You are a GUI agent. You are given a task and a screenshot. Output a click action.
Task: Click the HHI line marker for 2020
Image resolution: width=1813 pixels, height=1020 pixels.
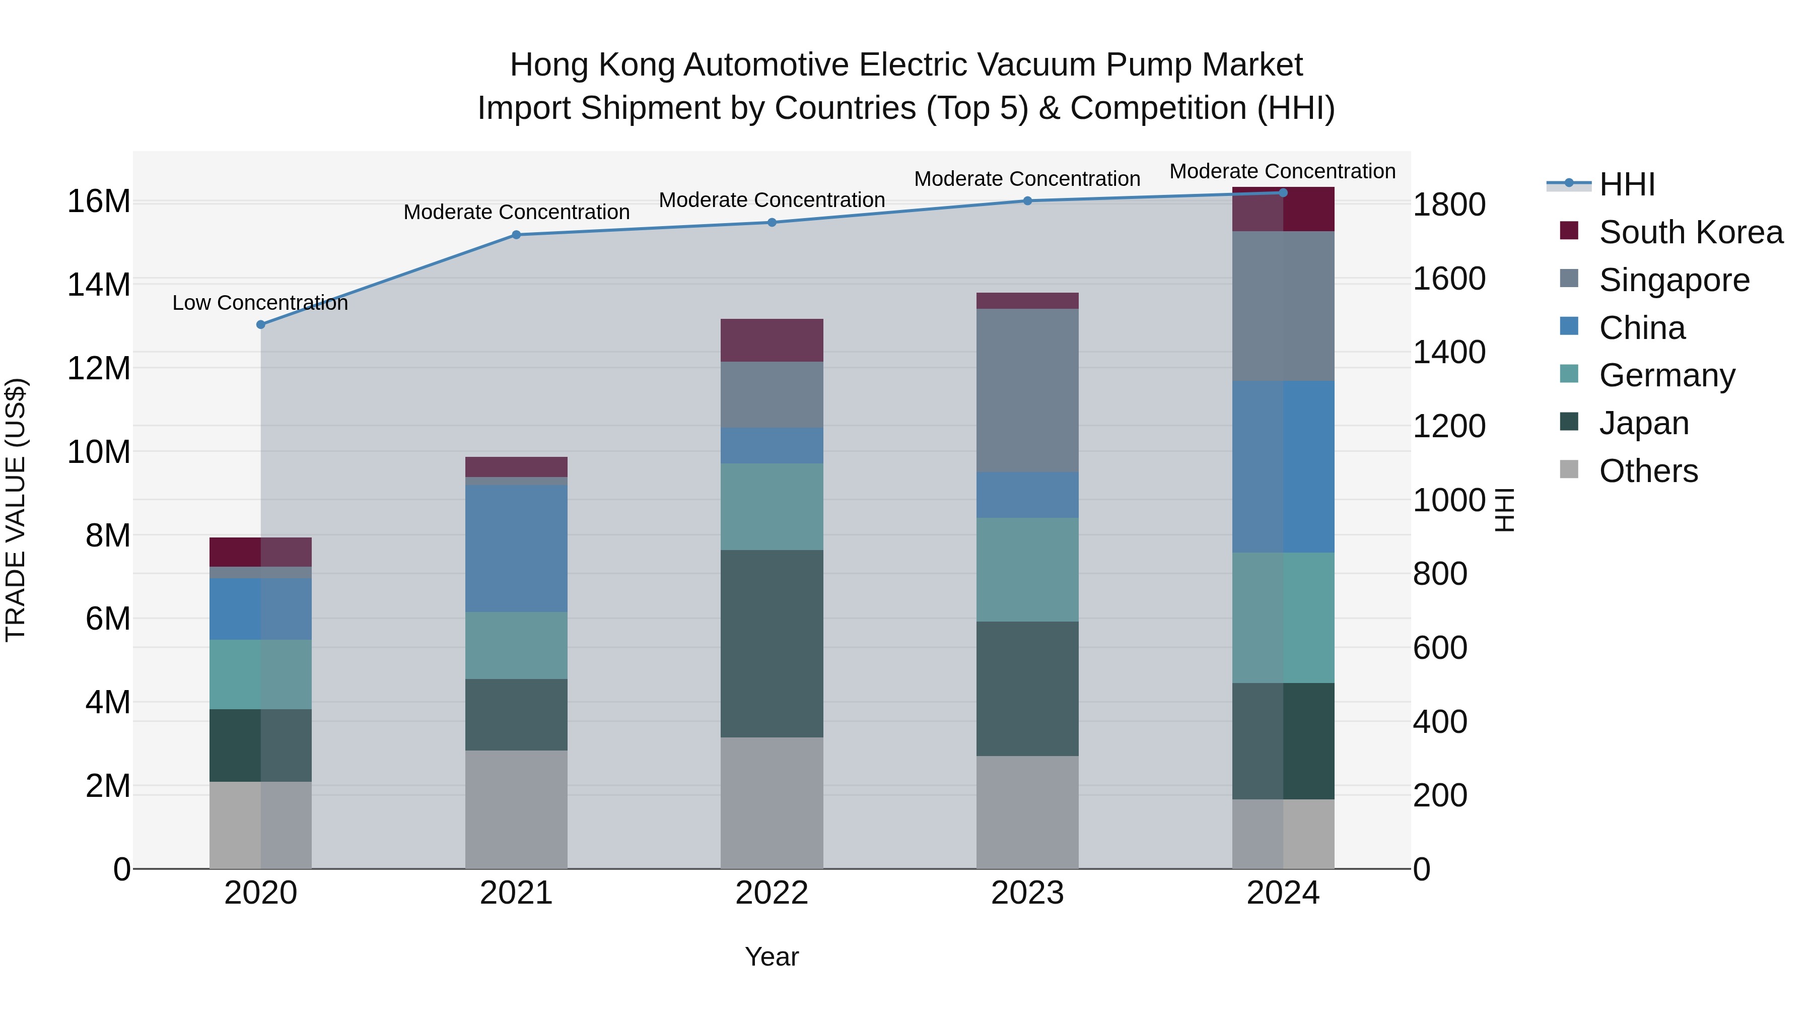pyautogui.click(x=260, y=324)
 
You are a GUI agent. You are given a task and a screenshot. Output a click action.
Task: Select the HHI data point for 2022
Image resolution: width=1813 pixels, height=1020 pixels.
pyautogui.click(x=772, y=223)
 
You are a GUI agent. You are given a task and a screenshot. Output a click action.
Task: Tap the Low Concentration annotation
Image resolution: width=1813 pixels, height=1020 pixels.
pyautogui.click(x=260, y=303)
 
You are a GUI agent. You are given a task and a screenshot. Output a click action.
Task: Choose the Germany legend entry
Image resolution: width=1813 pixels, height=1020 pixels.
pyautogui.click(x=1666, y=375)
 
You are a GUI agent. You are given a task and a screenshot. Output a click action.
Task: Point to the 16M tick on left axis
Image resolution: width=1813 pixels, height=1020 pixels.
pyautogui.click(x=99, y=201)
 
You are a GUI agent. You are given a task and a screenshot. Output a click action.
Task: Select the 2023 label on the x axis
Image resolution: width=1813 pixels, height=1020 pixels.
pyautogui.click(x=1027, y=893)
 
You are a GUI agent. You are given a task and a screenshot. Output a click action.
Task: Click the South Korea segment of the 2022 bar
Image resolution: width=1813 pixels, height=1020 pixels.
pyautogui.click(x=772, y=340)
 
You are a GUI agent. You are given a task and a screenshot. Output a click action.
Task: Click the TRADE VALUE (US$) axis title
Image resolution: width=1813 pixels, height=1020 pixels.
pyautogui.click(x=16, y=510)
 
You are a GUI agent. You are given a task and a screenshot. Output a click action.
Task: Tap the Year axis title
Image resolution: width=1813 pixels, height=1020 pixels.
pyautogui.click(x=772, y=957)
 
